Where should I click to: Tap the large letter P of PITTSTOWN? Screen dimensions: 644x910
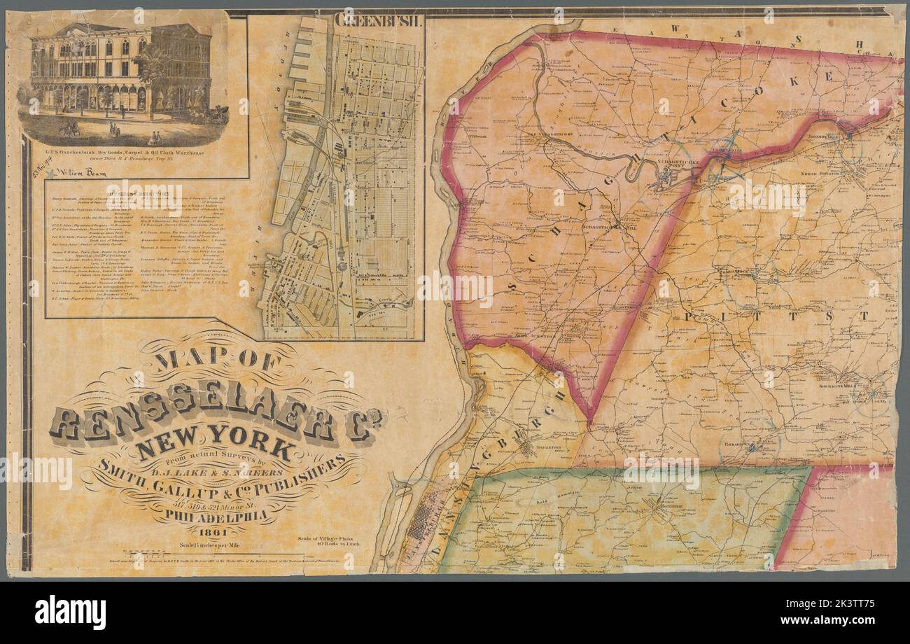pos(701,316)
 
